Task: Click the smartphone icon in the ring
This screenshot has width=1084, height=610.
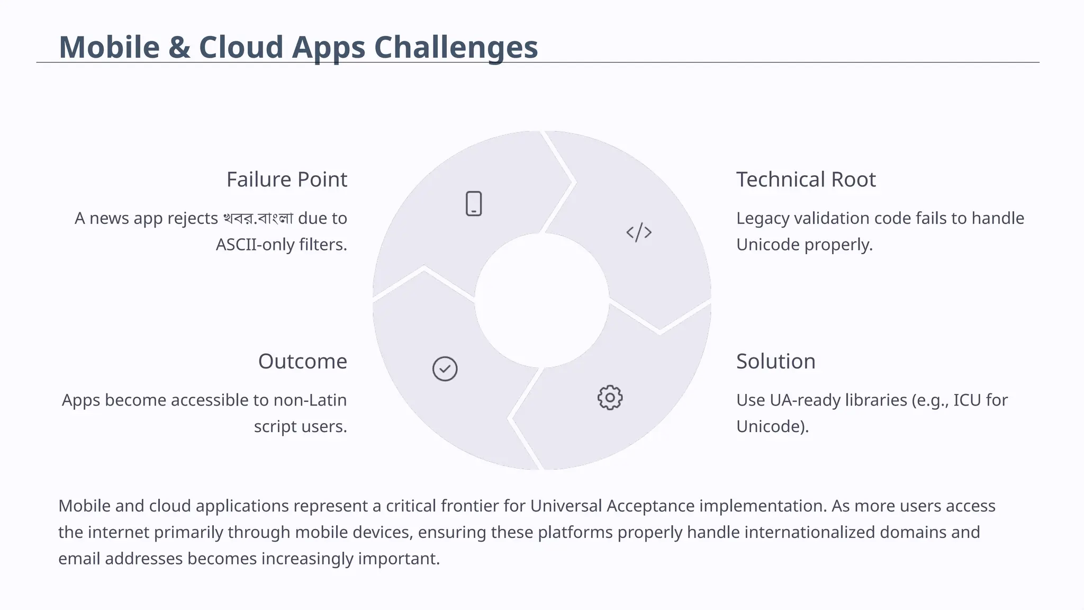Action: point(474,204)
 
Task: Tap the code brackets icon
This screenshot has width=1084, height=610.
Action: point(639,232)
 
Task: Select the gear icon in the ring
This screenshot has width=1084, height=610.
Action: point(610,398)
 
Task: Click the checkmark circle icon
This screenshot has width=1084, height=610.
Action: point(445,369)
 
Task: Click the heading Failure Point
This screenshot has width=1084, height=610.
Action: point(286,180)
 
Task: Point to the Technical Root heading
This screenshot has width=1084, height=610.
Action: point(806,180)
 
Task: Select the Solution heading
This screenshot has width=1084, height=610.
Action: point(775,362)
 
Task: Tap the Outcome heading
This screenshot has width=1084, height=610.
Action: point(302,362)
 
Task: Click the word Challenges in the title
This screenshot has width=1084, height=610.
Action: point(456,47)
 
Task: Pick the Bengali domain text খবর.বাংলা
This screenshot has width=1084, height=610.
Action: point(258,218)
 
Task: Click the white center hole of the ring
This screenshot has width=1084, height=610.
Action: point(541,300)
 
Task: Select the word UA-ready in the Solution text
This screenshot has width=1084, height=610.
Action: point(803,400)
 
